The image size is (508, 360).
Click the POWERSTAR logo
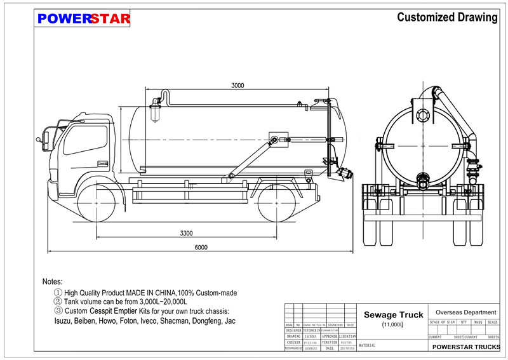click(x=84, y=18)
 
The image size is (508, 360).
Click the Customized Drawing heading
click(x=447, y=17)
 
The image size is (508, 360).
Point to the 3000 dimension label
click(x=237, y=85)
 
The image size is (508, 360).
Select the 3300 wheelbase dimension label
click(x=186, y=234)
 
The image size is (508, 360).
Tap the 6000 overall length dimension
click(x=201, y=248)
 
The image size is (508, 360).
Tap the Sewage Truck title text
click(x=393, y=315)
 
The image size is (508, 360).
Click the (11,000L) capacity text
click(x=393, y=325)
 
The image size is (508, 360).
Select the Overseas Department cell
click(x=462, y=312)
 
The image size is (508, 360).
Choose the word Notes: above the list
click(x=53, y=281)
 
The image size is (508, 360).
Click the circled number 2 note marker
click(x=58, y=302)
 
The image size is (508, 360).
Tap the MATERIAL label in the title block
click(x=367, y=346)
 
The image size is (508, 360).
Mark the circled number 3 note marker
click(x=58, y=311)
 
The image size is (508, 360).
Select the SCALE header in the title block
click(x=492, y=323)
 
